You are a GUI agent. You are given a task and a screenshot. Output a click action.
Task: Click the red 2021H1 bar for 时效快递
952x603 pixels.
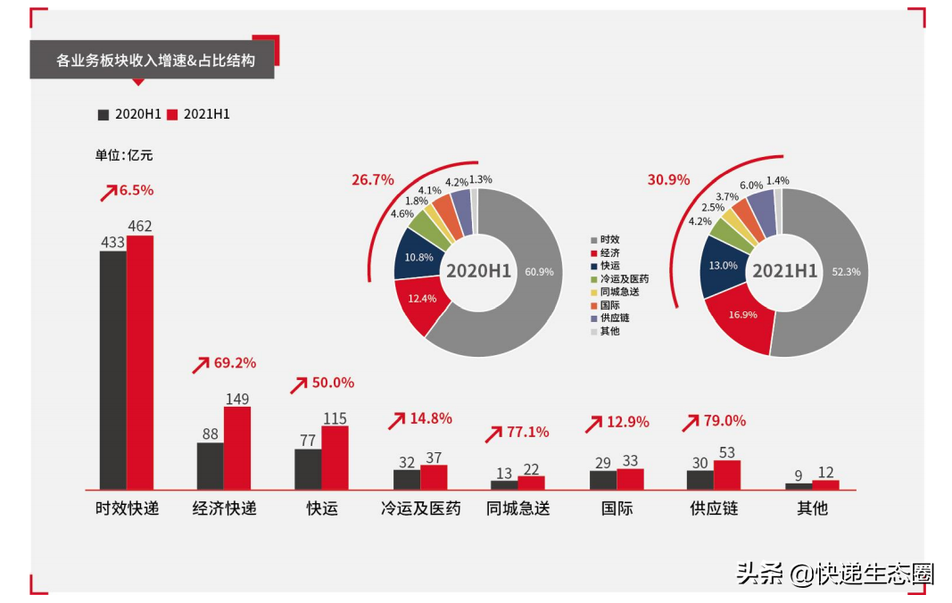pos(140,362)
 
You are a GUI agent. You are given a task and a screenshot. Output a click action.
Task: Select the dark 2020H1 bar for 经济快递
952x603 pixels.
pos(210,466)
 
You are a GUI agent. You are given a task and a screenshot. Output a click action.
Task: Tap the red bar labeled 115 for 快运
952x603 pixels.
pos(335,458)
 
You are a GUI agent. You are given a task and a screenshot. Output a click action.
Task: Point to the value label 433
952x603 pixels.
pos(112,242)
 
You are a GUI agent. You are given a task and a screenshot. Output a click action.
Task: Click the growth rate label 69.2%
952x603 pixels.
pos(235,363)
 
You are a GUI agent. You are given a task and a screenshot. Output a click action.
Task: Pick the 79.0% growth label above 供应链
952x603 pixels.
pos(724,420)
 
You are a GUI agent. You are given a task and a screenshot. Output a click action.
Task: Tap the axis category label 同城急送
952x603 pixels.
pos(518,509)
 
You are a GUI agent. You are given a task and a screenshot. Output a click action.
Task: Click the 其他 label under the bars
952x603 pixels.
pos(812,509)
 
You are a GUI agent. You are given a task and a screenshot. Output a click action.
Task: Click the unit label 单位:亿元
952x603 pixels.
pos(124,155)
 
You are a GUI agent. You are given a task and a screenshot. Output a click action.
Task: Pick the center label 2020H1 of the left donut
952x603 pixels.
pos(478,271)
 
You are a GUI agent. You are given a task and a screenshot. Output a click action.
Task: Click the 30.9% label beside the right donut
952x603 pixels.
pos(668,179)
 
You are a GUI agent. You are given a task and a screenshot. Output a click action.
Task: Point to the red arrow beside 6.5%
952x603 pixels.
pos(108,191)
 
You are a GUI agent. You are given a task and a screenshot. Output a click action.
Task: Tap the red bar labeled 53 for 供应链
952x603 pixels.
pos(727,474)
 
